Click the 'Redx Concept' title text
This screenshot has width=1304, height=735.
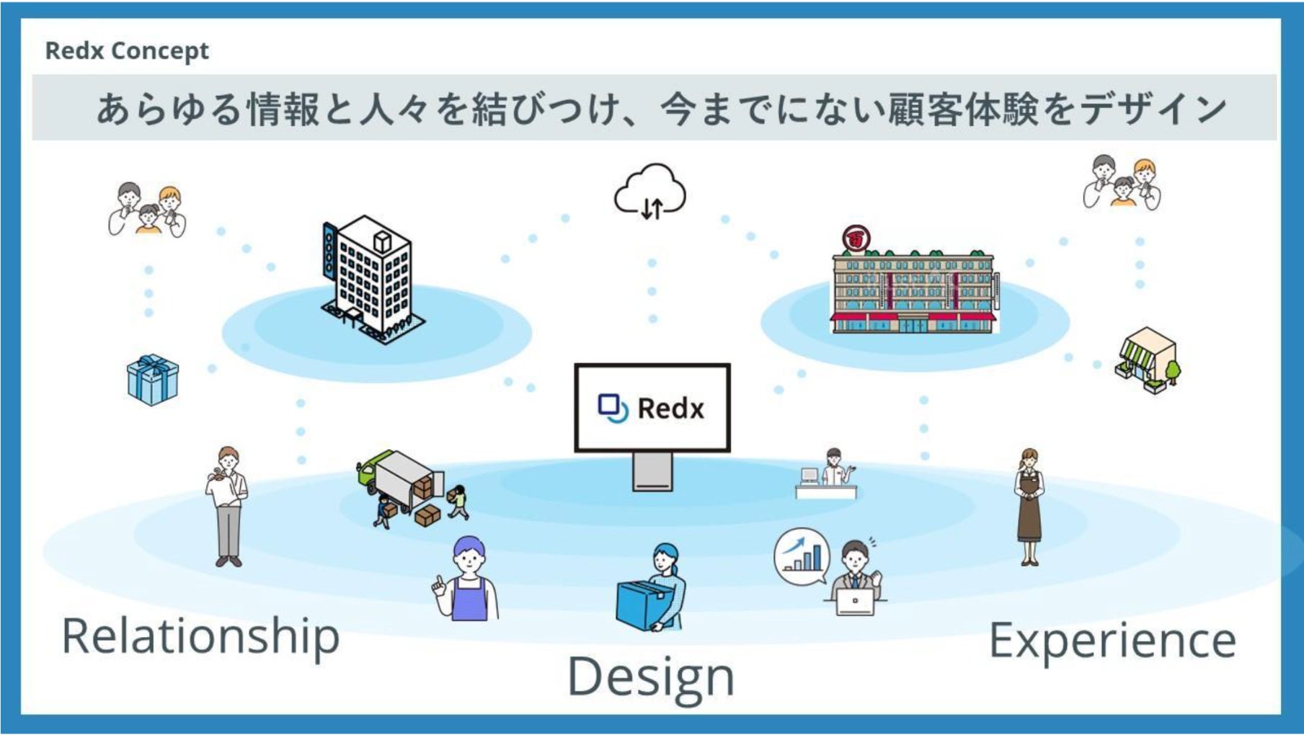coord(127,51)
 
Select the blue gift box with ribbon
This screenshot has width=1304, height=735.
coord(152,380)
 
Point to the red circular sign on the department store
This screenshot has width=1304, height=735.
coord(856,239)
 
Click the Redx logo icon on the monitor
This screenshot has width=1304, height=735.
coord(613,408)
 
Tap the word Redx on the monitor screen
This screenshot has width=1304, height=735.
coord(670,409)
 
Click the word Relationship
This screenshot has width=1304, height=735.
coord(200,636)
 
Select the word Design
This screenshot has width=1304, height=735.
coord(651,676)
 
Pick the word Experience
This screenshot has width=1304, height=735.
coord(1112,640)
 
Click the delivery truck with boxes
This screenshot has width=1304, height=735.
coord(404,483)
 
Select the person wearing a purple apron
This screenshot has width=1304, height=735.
coord(468,580)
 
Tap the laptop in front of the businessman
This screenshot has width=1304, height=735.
coord(855,601)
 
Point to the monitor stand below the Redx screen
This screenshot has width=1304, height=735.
coord(652,472)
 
